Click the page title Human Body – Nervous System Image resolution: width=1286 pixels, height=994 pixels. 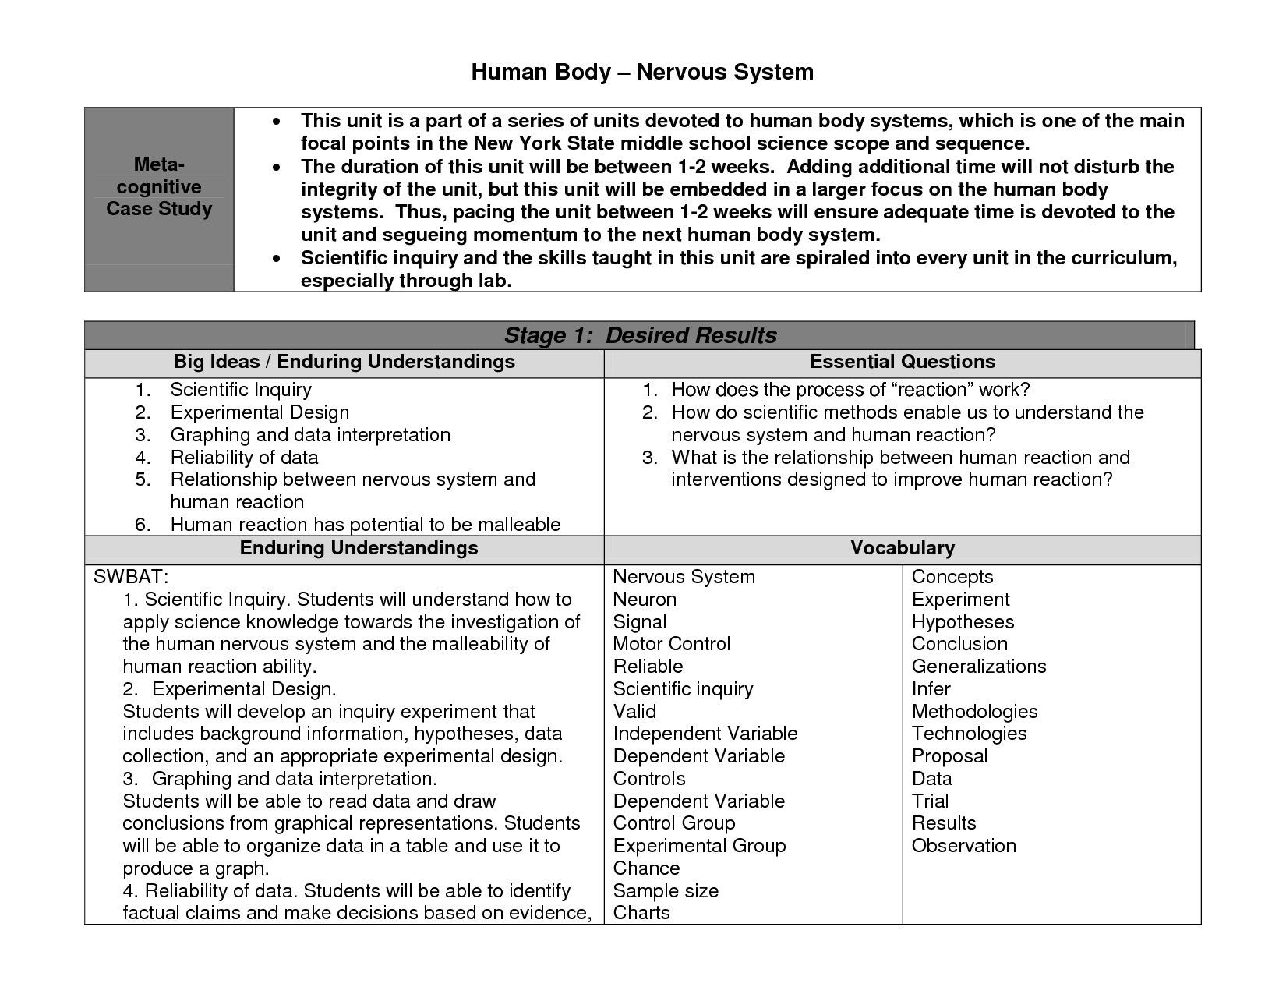coord(642,73)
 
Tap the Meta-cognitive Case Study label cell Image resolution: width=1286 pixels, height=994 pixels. coord(159,187)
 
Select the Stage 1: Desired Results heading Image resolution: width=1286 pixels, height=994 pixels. coord(640,335)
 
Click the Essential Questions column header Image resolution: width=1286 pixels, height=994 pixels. coord(903,362)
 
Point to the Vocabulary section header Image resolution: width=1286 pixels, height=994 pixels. coord(903,548)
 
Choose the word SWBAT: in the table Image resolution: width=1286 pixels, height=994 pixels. coord(131,577)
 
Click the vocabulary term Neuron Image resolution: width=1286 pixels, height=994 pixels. coord(645,600)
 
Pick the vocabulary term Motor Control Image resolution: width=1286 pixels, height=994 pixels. coord(672,644)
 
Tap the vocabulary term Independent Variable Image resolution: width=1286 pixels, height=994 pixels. coord(705,734)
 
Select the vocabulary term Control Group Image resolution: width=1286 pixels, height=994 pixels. coord(674,823)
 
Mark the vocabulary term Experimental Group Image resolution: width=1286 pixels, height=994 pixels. coord(699,846)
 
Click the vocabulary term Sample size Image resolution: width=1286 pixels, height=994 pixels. coord(666,891)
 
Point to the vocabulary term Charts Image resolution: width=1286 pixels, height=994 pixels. coord(641,913)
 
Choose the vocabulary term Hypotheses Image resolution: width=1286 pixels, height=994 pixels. coord(963,622)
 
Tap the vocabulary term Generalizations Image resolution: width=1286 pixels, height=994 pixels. coord(979,667)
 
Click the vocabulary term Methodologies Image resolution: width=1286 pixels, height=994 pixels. coord(974,712)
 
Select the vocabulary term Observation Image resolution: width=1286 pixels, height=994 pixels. coord(964,846)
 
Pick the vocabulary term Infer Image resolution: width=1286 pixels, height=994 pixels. coord(931,689)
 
